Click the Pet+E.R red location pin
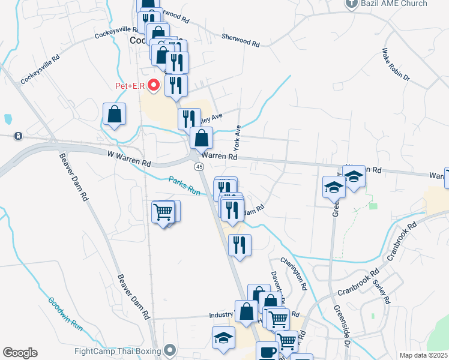pyautogui.click(x=154, y=86)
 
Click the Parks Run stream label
pyautogui.click(x=184, y=185)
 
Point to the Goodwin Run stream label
pyautogui.click(x=65, y=314)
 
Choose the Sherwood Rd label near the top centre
pyautogui.click(x=240, y=40)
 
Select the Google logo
pyautogui.click(x=20, y=353)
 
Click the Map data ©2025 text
pyautogui.click(x=423, y=355)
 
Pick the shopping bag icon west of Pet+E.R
pyautogui.click(x=114, y=115)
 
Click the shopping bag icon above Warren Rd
pyautogui.click(x=202, y=138)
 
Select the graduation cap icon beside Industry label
pyautogui.click(x=223, y=337)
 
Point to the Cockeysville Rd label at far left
pyautogui.click(x=40, y=70)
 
